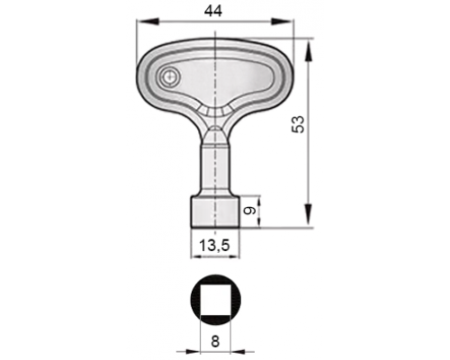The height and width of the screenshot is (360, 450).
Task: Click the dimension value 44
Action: [213, 12]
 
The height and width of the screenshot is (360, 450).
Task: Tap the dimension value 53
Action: [299, 124]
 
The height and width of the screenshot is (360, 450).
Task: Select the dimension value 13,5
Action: [215, 246]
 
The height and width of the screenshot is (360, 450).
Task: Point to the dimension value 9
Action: [249, 211]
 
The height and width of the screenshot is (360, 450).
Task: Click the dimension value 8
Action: [215, 341]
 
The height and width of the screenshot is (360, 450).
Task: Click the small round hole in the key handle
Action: [169, 76]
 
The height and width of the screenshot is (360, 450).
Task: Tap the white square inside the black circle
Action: [215, 300]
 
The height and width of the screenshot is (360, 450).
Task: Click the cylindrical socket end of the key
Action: [215, 212]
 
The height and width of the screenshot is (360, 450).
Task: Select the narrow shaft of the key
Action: [215, 170]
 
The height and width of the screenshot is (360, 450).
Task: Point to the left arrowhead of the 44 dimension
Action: [147, 21]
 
